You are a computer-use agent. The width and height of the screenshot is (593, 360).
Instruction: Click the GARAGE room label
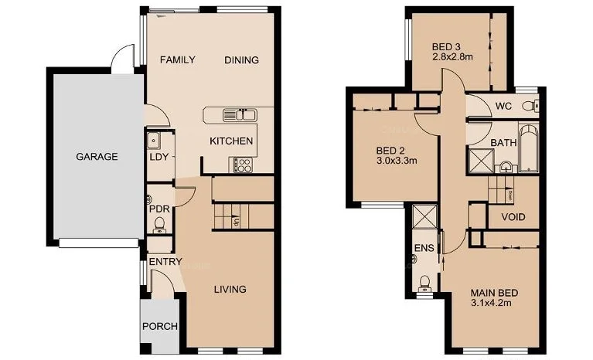[x=97, y=156]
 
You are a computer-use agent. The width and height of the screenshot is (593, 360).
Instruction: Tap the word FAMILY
[x=177, y=60]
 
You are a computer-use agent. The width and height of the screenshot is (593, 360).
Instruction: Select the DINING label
[x=241, y=60]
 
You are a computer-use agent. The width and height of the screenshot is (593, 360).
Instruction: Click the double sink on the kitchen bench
[x=240, y=115]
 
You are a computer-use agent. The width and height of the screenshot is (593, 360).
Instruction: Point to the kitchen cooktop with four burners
[x=242, y=164]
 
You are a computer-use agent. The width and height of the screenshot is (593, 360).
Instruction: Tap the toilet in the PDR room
[x=160, y=225]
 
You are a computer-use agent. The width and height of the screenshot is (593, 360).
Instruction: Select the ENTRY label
[x=165, y=263]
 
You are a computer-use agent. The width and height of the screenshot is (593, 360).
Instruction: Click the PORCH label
[x=160, y=326]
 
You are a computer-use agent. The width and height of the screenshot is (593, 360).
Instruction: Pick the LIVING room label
[x=230, y=289]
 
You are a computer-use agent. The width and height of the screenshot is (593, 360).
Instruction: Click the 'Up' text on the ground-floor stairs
[x=236, y=222]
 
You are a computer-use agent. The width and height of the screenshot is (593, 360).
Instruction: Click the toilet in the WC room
[x=528, y=106]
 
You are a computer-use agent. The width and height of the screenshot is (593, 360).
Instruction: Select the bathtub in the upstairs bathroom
[x=529, y=149]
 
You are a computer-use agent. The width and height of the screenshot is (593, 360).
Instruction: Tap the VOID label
[x=513, y=217]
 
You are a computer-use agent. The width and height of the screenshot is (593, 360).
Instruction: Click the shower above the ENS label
[x=425, y=216]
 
